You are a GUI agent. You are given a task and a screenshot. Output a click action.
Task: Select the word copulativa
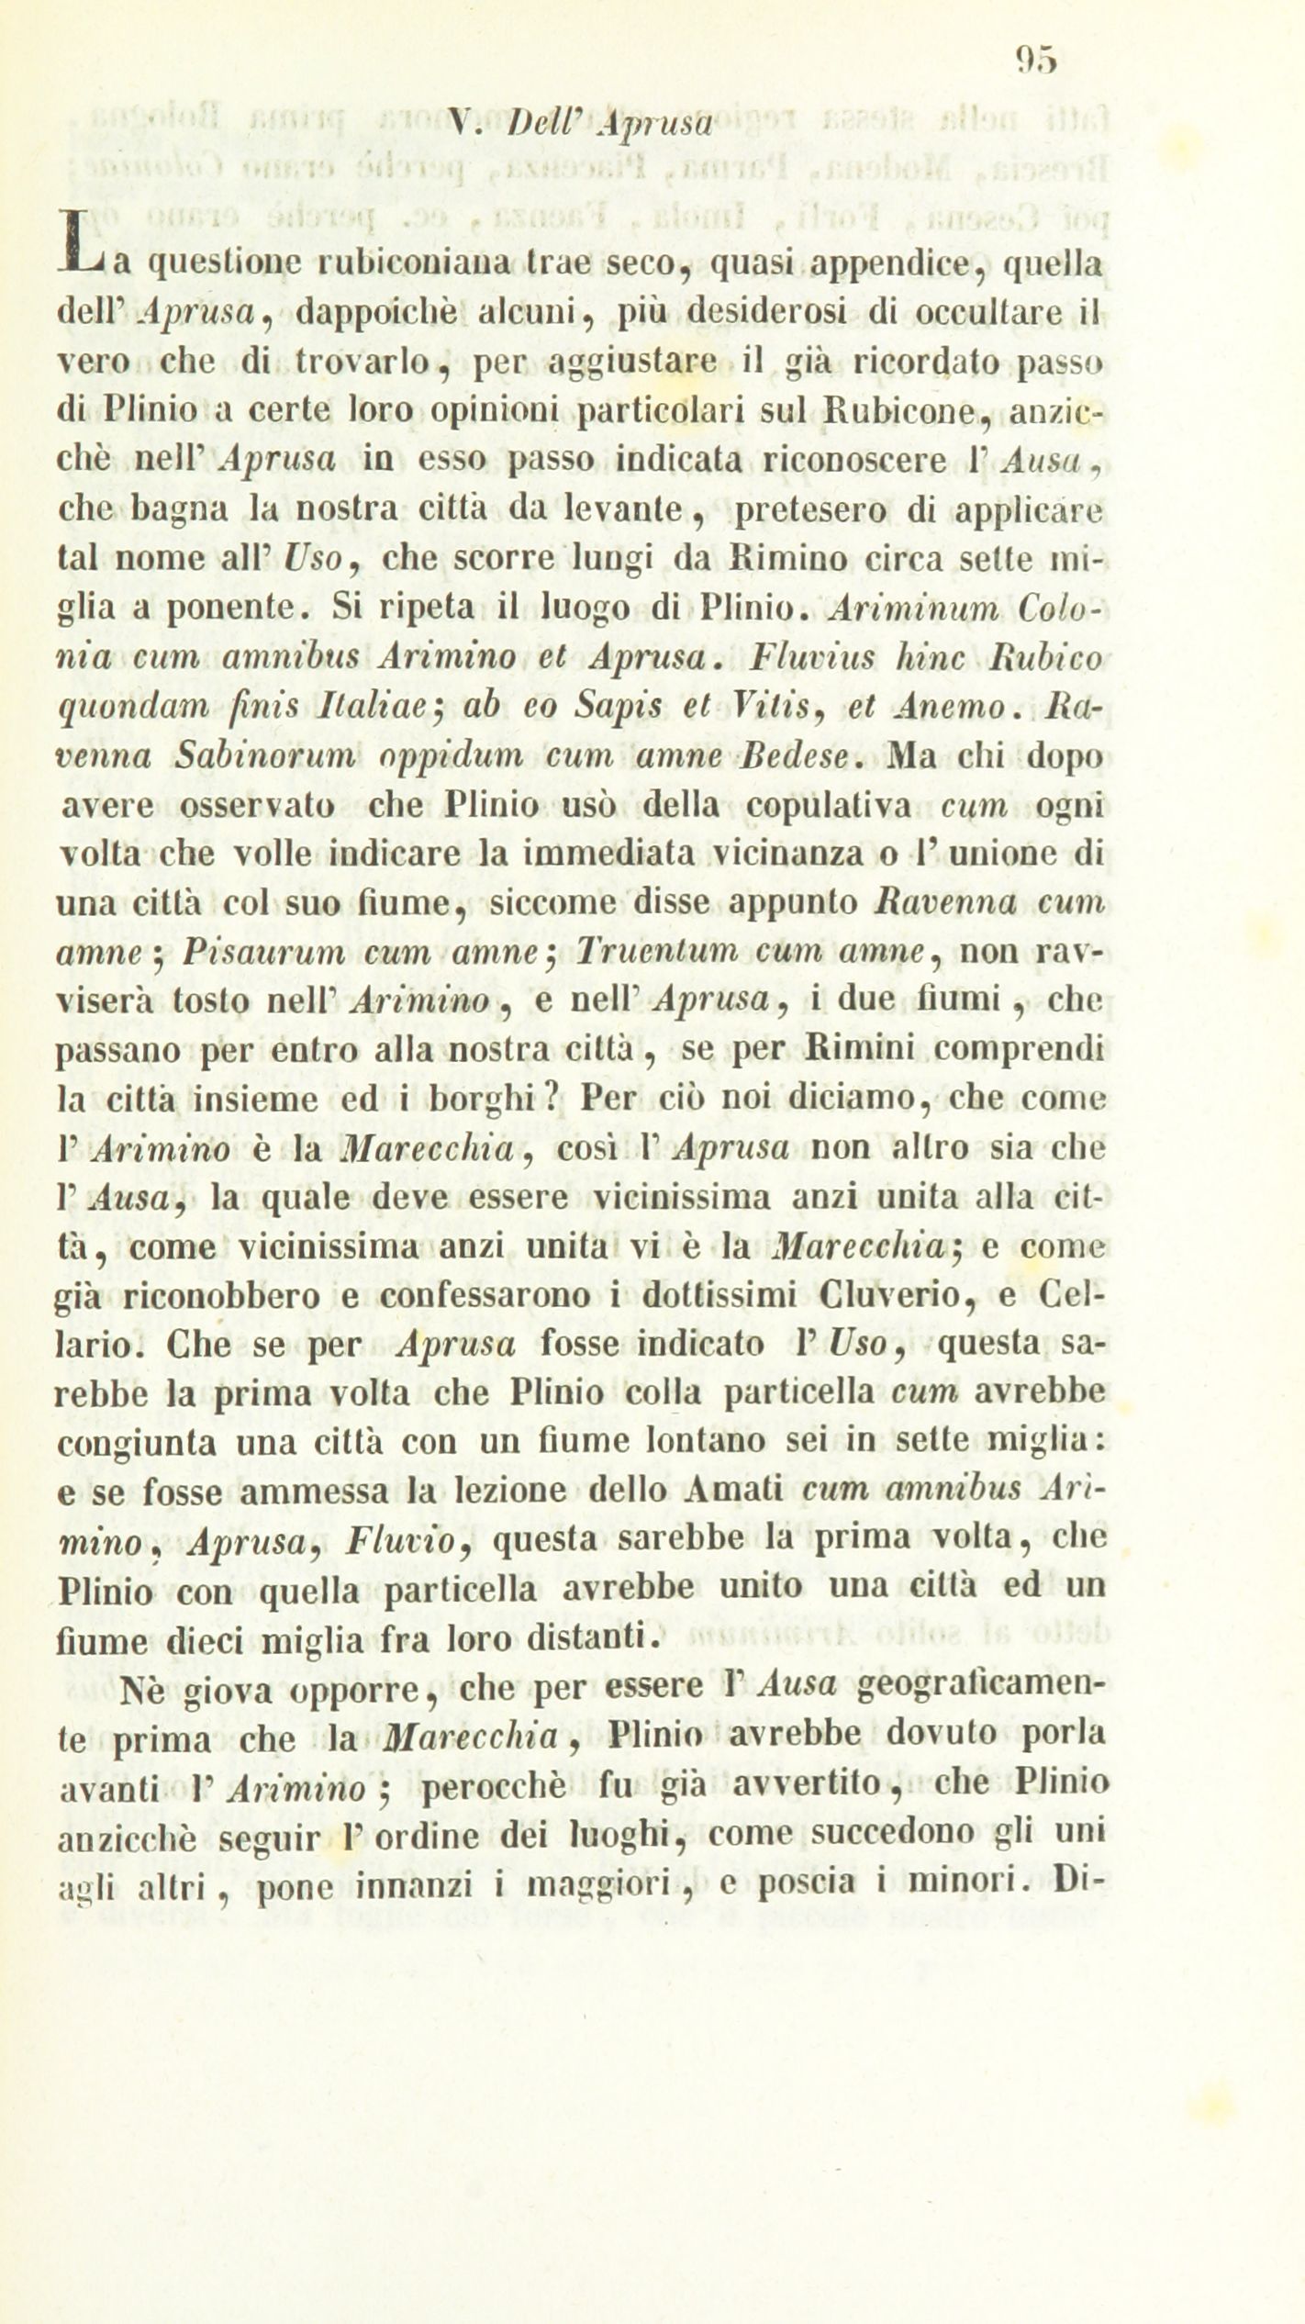pos(827,806)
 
